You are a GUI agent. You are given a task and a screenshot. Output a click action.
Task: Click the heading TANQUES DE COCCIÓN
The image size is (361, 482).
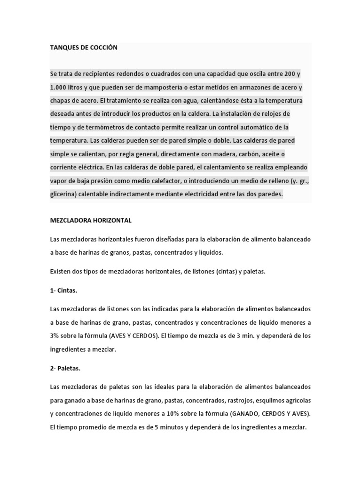(x=84, y=48)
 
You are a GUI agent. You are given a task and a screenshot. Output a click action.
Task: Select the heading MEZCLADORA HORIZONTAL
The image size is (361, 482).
(x=91, y=220)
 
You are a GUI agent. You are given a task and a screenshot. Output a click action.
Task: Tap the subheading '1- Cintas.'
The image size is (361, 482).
(x=63, y=290)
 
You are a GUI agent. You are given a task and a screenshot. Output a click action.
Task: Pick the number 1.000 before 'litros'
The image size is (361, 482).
(x=59, y=88)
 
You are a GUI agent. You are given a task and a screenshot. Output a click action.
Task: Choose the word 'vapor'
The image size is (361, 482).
(x=59, y=181)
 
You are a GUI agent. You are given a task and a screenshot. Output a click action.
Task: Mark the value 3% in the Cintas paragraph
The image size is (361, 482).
(x=55, y=336)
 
